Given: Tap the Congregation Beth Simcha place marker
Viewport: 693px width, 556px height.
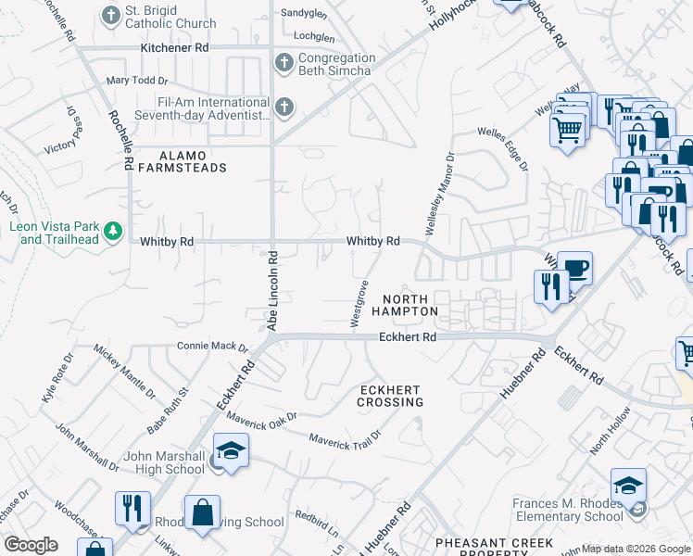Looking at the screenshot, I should click(x=284, y=63).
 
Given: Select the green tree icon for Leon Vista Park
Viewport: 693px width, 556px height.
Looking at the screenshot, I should click(x=112, y=230).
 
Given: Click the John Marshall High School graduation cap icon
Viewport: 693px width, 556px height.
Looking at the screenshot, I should click(x=230, y=451).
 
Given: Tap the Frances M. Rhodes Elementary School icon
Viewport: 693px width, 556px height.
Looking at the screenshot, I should click(x=627, y=486).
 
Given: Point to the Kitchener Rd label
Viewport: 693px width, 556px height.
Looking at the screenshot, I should click(x=174, y=47).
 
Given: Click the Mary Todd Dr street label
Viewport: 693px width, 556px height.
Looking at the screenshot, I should click(x=136, y=81).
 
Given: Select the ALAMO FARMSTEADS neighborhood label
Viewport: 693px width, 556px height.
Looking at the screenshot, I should click(x=182, y=161).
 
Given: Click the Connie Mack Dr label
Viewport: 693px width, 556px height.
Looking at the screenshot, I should click(x=213, y=347).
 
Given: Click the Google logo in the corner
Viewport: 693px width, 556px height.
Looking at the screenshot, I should click(x=31, y=545).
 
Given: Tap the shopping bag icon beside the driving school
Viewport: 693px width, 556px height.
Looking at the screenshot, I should click(x=202, y=513).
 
